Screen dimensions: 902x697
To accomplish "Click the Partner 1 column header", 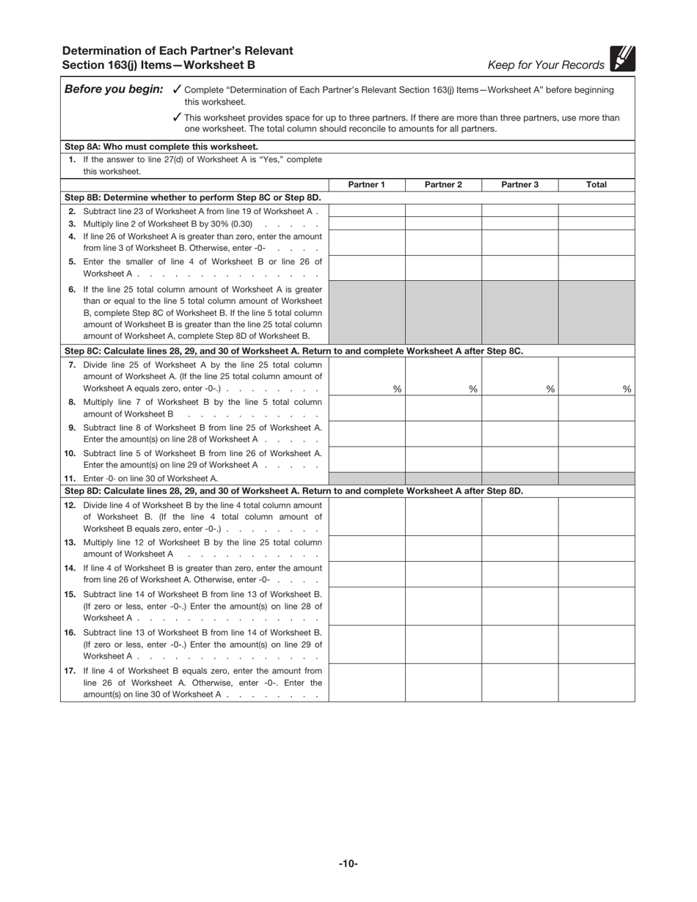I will [366, 185].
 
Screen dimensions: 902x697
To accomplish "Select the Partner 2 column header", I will [443, 185].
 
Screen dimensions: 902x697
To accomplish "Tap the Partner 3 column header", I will [519, 185].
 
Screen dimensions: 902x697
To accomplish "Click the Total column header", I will [596, 185].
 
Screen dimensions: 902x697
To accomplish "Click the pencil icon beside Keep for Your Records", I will [622, 59].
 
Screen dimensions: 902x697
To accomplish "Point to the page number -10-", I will [348, 864].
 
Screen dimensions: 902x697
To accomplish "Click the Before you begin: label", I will [114, 89].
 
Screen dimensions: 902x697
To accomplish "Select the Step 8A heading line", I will [161, 147].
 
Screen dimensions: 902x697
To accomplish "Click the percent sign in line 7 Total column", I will [627, 389].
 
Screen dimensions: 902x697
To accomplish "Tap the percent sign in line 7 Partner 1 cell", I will [397, 389].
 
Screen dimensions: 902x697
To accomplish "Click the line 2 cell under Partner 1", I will [366, 210].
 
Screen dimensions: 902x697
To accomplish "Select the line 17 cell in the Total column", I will [596, 682].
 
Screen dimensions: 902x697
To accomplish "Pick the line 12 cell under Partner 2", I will [443, 517].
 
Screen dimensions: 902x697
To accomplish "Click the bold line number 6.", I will [72, 289].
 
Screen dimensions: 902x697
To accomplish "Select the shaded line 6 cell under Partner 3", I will [519, 312].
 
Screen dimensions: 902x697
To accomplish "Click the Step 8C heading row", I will [293, 351].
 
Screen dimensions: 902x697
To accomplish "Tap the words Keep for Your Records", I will [546, 65].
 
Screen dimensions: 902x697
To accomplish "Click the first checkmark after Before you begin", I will [176, 89].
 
